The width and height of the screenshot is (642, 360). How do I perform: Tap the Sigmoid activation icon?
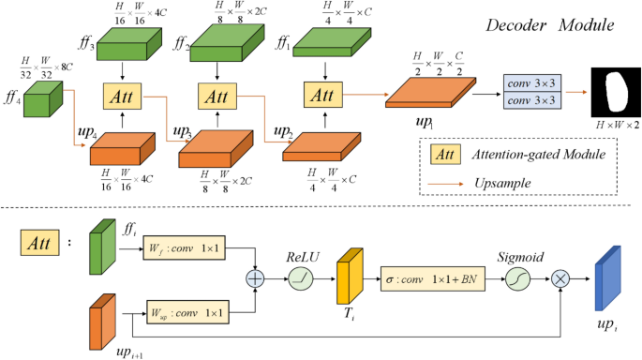point(519,277)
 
